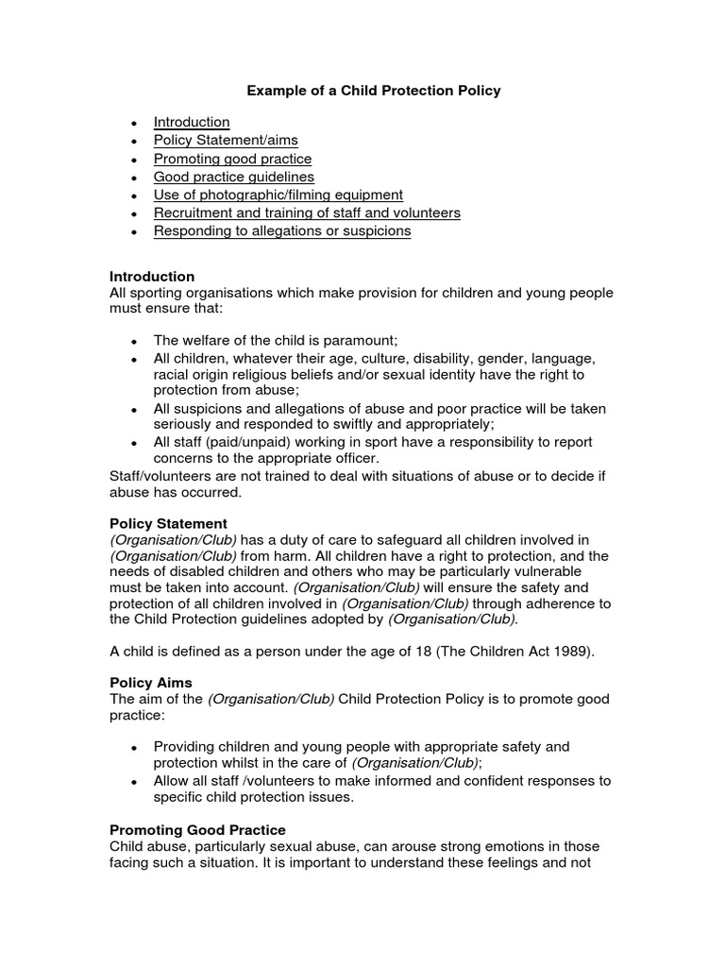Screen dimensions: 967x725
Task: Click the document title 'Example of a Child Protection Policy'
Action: coord(374,91)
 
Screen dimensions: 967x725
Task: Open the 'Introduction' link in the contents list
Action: coord(192,122)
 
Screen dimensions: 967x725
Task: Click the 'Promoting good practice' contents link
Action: coord(232,159)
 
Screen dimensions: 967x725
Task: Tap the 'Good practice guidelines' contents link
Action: coord(234,177)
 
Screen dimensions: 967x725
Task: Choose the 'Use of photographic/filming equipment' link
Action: coord(278,195)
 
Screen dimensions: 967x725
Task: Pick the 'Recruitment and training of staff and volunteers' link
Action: coord(307,212)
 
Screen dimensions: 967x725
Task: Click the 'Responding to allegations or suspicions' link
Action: coord(282,231)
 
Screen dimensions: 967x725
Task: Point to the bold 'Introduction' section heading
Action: coord(152,277)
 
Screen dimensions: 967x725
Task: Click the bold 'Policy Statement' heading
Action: coord(168,523)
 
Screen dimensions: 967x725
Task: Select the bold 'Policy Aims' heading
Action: coord(150,682)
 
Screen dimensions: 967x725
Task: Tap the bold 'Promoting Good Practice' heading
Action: coord(197,830)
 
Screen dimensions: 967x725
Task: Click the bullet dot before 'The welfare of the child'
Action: coord(135,342)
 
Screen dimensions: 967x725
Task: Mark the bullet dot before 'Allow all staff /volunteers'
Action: coord(135,782)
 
